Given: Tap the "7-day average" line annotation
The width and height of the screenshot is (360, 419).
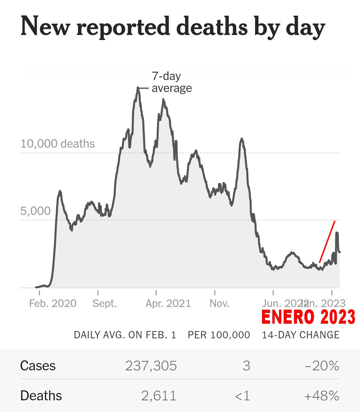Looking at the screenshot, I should coord(171,82).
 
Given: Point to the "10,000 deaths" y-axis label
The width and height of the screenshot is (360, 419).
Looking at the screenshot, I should coord(58,144).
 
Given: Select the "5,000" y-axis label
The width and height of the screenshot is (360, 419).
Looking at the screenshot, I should coord(35,211).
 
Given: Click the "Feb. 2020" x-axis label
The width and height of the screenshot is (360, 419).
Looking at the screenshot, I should coord(53,303).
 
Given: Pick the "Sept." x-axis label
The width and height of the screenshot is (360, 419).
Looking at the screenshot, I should coord(105,303).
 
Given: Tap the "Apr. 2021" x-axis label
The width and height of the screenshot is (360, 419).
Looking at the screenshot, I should coord(168,303).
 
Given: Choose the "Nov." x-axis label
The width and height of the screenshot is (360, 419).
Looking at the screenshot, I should coord(219,303).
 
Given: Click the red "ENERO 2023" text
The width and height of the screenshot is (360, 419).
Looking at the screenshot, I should coord(308,317).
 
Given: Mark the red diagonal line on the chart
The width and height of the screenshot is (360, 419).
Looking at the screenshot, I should coord(327,242).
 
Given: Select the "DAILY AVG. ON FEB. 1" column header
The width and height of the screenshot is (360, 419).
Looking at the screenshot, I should coord(125,335).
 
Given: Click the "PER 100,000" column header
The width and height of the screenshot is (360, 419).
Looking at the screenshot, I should coord(219,335).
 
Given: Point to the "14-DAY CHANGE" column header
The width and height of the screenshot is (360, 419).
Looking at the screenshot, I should coord(301,335).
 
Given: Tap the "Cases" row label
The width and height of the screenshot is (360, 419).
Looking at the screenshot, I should coord(38,366).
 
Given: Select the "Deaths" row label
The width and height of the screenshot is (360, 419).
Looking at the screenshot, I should coord(41,396).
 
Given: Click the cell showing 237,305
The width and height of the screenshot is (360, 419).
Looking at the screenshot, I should coord(151,366).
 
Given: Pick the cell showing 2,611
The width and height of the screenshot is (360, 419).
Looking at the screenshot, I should coord(159,396).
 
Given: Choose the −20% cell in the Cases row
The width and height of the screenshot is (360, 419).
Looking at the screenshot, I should coord(322,366).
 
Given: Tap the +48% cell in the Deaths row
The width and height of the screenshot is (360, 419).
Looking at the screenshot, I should coord(322,396).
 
